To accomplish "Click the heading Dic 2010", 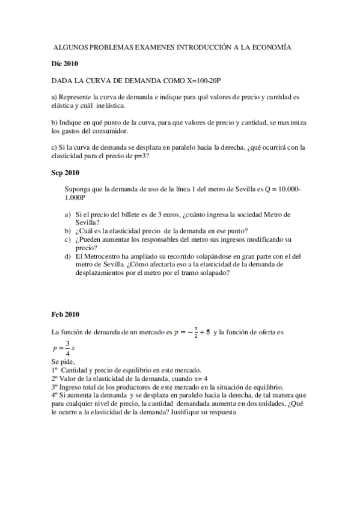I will pos(62,63).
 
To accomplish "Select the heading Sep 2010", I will pos(63,173).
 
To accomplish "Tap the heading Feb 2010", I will pos(63,314).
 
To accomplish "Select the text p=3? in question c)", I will pos(139,156).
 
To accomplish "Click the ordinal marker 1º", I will pos(55,371).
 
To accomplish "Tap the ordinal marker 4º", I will pos(55,396).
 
